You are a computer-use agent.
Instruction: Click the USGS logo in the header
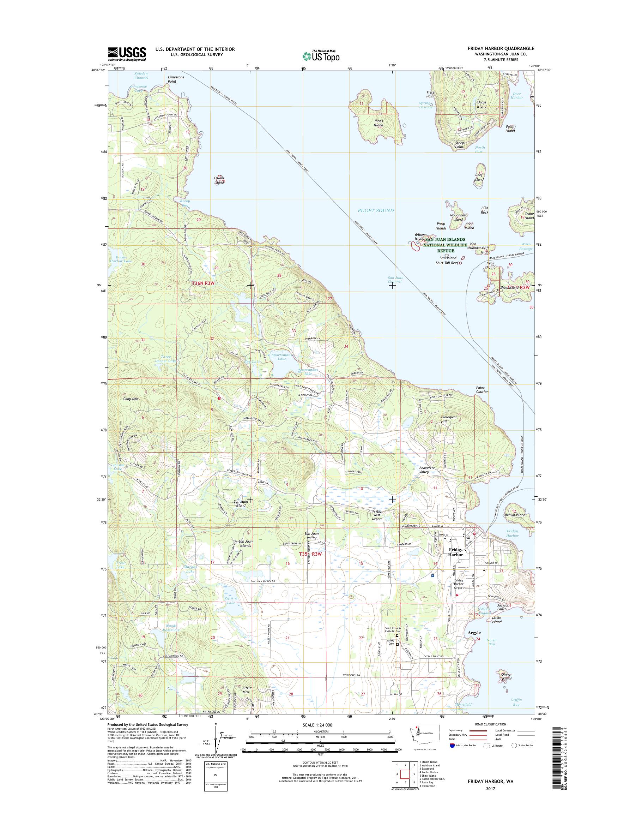click(127, 54)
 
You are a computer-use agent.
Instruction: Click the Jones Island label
click(378, 123)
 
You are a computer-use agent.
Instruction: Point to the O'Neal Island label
click(219, 180)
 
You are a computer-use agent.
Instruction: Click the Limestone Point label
click(176, 79)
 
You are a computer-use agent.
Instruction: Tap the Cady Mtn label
click(131, 399)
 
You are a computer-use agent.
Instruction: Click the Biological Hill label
click(448, 419)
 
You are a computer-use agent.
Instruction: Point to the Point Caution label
click(482, 389)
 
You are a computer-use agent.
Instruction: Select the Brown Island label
click(515, 515)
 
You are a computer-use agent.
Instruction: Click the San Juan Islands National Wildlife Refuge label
click(445, 245)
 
